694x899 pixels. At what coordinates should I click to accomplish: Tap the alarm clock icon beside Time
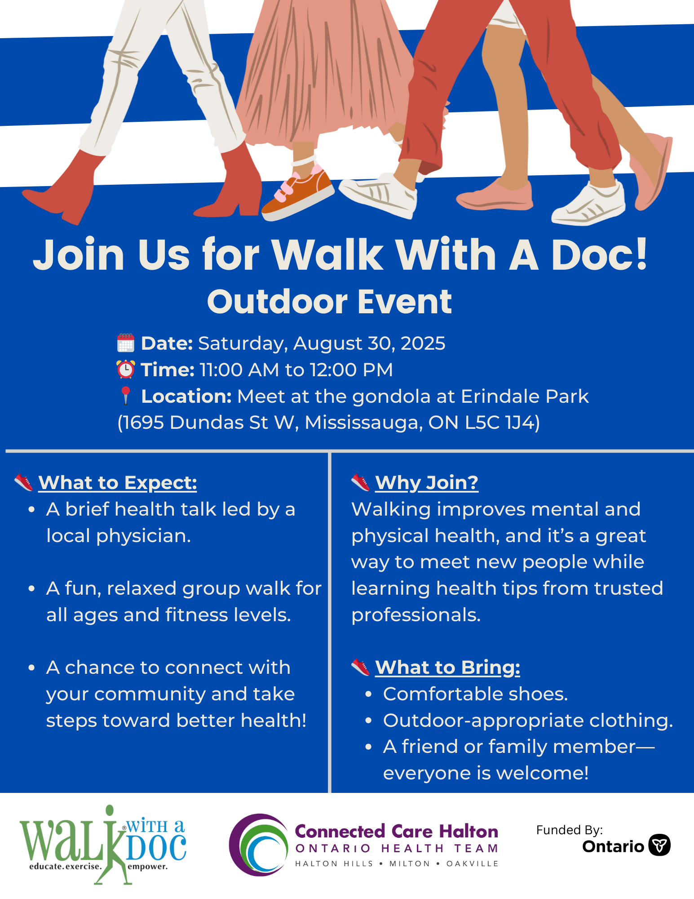pyautogui.click(x=126, y=369)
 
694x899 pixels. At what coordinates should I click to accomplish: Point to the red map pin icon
pyautogui.click(x=126, y=396)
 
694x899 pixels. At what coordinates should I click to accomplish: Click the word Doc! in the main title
pyautogui.click(x=599, y=254)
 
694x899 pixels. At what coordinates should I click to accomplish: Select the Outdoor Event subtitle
pyautogui.click(x=329, y=302)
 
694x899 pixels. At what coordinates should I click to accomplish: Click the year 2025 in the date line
pyautogui.click(x=423, y=343)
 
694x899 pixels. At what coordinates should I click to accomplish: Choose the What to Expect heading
pyautogui.click(x=118, y=483)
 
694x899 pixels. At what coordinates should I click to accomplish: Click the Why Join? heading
pyautogui.click(x=427, y=483)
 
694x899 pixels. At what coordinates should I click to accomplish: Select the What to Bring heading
pyautogui.click(x=448, y=668)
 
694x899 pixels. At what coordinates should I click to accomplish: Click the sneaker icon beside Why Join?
pyautogui.click(x=360, y=482)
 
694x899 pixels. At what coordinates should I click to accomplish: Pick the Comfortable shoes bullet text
pyautogui.click(x=476, y=694)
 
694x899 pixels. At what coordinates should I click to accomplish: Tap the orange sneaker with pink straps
pyautogui.click(x=297, y=193)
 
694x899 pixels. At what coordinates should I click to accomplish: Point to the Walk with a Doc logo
pyautogui.click(x=103, y=845)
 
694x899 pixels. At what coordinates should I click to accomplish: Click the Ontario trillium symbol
pyautogui.click(x=660, y=845)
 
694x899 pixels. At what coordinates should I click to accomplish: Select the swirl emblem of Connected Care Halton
pyautogui.click(x=258, y=845)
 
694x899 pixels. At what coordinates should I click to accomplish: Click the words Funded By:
pyautogui.click(x=570, y=830)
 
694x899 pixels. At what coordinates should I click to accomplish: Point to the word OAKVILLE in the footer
pyautogui.click(x=473, y=863)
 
